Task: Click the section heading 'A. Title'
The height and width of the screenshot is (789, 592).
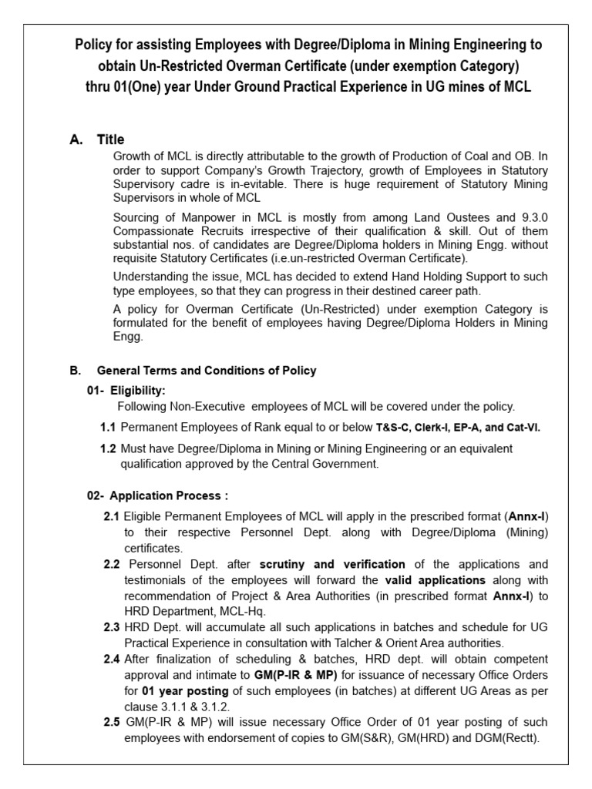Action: pos(96,139)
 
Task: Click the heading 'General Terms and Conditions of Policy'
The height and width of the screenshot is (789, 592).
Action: pos(207,371)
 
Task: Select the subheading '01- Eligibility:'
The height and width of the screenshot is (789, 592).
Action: pos(126,391)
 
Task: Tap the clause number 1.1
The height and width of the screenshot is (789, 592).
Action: pos(108,428)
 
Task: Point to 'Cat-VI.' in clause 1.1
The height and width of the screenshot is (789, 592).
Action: pos(521,428)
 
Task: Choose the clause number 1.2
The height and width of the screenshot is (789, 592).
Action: pos(108,448)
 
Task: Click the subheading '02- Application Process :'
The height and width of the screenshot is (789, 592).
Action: pos(157,495)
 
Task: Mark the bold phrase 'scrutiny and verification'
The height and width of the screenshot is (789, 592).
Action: pos(332,564)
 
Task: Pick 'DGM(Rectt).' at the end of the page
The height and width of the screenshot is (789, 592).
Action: pos(509,738)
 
